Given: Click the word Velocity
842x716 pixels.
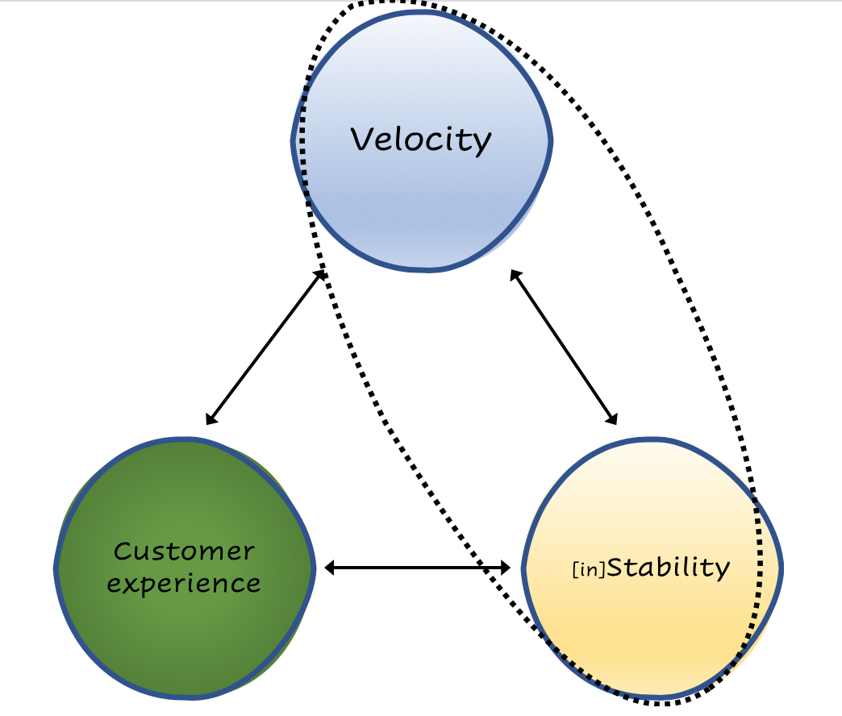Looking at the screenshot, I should point(420,139).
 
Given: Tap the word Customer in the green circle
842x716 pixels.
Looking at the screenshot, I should point(184,552).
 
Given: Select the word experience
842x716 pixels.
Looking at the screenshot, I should point(184,583).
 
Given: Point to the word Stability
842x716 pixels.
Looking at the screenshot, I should point(668,568).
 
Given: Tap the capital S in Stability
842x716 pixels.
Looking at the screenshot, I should point(617,567).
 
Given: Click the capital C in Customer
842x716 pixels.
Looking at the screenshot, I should point(123,552).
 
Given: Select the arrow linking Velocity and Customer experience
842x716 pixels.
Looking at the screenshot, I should point(265,348).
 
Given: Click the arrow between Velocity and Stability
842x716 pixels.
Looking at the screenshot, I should point(564,347).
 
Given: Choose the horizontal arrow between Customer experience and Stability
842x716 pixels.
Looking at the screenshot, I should point(417,568).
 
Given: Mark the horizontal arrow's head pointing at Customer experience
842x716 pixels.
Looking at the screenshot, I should point(330,568).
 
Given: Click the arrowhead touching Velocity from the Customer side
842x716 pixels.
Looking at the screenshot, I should point(319,276).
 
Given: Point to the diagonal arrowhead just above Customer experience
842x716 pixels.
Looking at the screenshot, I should point(210,419).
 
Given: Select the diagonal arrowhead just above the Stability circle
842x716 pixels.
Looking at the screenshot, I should point(612,418).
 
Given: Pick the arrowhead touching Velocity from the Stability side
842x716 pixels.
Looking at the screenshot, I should point(515,275).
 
